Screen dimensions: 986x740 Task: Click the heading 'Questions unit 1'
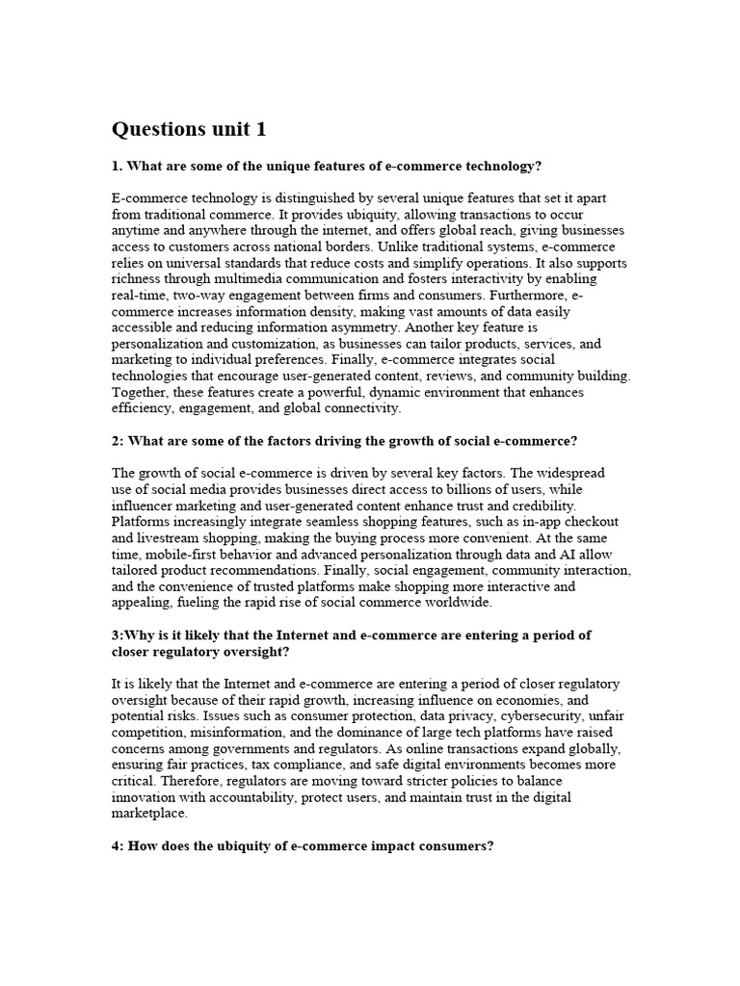pyautogui.click(x=189, y=129)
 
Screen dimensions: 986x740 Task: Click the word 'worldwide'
pyautogui.click(x=455, y=603)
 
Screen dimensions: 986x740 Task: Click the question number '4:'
pyautogui.click(x=119, y=847)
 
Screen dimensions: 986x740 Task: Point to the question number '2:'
pyautogui.click(x=119, y=441)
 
